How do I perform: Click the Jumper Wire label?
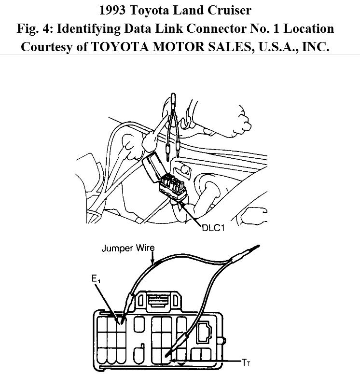click(128, 249)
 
